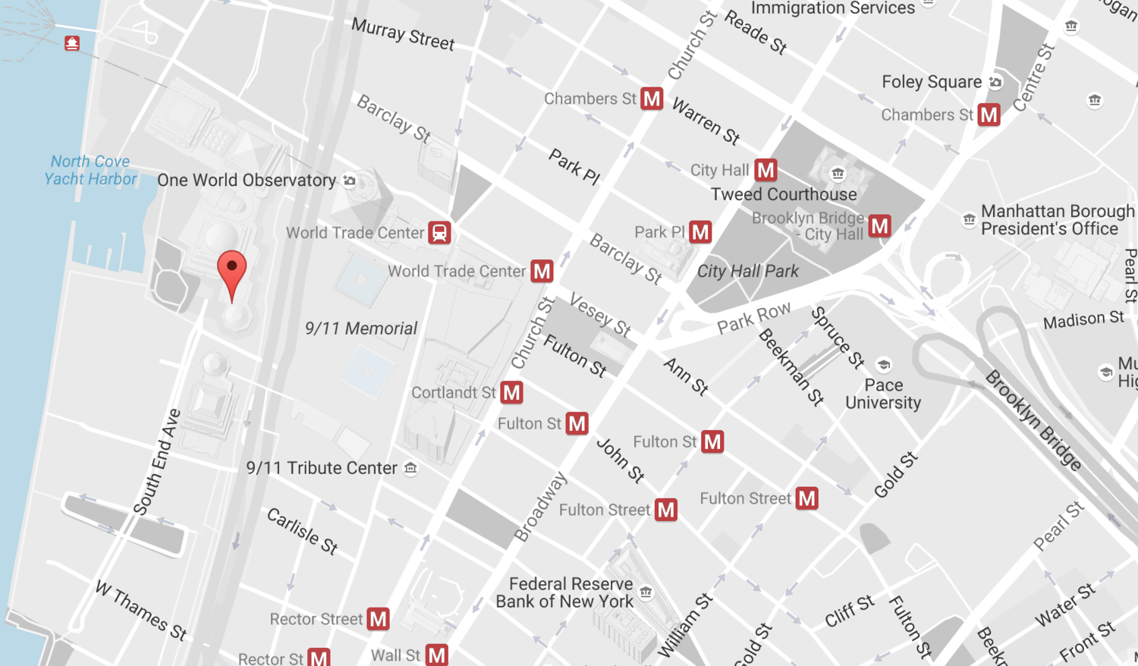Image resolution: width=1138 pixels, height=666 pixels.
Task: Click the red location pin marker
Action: pos(231,272)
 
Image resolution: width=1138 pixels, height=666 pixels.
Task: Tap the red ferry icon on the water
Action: pos(72,43)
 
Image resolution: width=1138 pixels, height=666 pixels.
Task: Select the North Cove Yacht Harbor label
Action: pos(90,171)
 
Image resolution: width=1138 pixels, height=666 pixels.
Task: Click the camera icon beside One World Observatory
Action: pos(350,181)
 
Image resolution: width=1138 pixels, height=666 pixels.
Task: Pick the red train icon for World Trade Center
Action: pos(439,233)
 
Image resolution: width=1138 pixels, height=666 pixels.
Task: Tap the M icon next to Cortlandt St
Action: pos(512,393)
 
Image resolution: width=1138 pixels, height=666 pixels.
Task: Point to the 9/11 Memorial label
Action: pos(361,328)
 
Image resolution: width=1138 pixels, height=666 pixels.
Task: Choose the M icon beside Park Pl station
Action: pos(700,232)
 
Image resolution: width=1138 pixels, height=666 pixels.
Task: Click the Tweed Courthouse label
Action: pos(784,194)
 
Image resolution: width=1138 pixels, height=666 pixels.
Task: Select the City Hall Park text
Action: pos(747,272)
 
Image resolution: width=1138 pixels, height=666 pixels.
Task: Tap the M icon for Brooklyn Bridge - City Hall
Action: pos(879,226)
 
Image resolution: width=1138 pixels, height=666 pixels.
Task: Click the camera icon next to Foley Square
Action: pos(995,82)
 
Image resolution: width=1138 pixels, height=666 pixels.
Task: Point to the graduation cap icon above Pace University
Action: pos(883,365)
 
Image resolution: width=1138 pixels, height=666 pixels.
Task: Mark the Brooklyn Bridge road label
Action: pos(1033,421)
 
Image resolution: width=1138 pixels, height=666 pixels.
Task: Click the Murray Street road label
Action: pos(403,35)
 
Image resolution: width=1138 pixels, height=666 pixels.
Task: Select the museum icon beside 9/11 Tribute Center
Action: pos(410,468)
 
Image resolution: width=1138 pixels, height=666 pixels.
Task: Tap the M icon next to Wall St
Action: pos(436,655)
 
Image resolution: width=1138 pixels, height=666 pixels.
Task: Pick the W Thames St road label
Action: pos(141,611)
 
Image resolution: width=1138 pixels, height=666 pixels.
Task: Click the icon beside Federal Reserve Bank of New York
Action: pos(646,592)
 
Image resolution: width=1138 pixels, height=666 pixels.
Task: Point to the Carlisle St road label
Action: pos(302,531)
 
